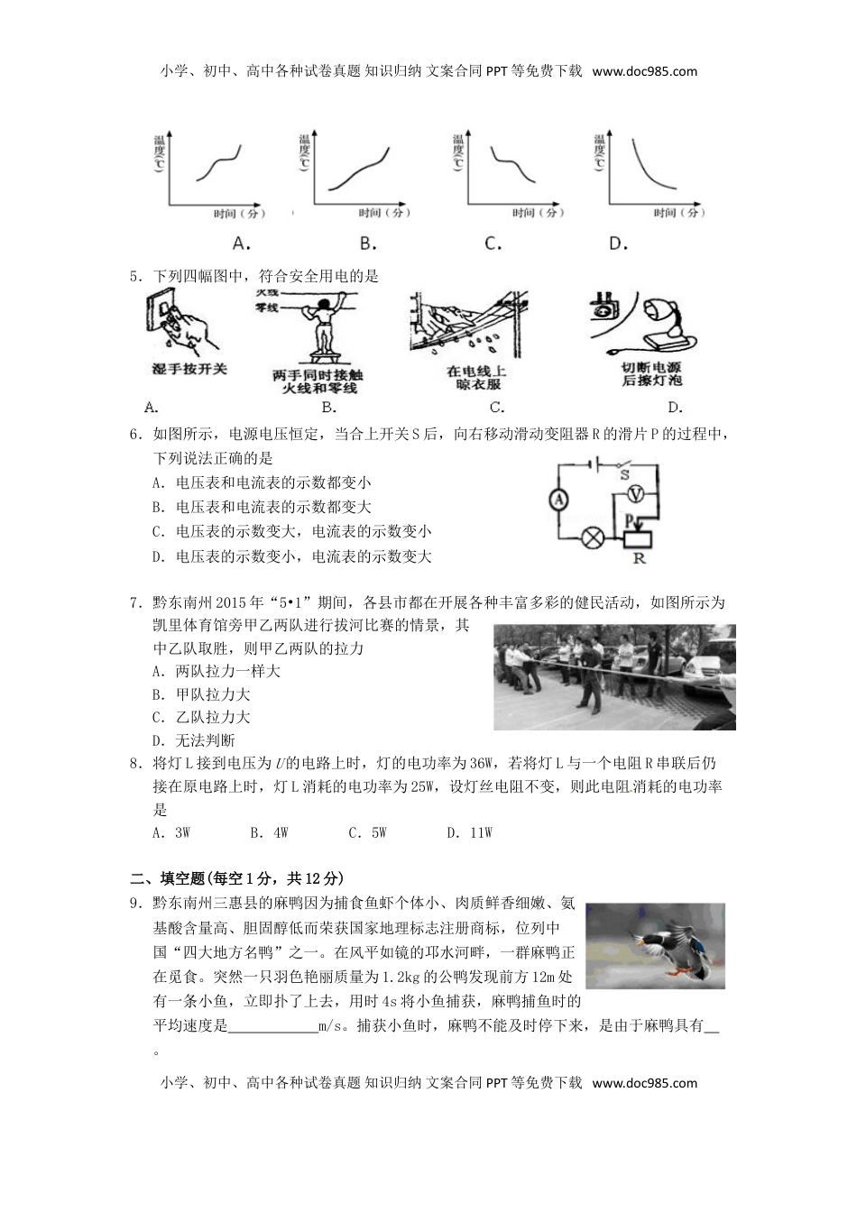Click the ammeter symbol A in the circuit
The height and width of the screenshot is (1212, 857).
558,500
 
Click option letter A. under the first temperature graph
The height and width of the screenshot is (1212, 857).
241,243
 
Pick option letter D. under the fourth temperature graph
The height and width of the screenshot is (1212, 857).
618,243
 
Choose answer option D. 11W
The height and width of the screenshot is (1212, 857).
469,832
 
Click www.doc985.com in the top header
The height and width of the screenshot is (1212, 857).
645,72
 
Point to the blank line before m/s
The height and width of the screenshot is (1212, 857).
272,1026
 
